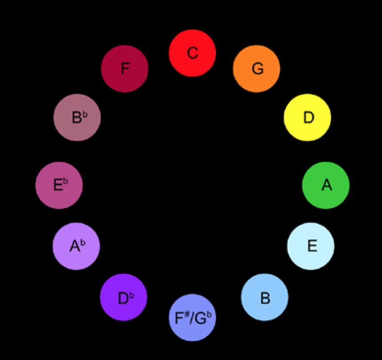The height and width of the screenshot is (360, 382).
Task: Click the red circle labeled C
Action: [192, 53]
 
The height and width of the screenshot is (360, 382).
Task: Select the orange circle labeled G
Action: [256, 69]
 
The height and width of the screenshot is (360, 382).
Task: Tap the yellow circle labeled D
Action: [307, 117]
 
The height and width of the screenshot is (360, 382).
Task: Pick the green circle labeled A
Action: [326, 185]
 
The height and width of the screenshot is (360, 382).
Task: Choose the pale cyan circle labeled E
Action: [310, 246]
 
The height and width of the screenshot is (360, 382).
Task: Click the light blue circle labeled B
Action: [264, 297]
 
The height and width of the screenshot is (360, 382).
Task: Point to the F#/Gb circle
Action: [192, 318]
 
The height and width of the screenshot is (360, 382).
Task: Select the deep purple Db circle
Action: [123, 297]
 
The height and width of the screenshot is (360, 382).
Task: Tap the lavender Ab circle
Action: [76, 246]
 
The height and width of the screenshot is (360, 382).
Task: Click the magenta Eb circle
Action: [59, 185]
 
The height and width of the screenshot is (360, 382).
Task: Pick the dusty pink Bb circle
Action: [77, 117]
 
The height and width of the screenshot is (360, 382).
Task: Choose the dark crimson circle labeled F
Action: [124, 69]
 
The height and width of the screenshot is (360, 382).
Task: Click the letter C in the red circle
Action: [192, 53]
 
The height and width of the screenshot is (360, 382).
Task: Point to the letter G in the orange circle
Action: [258, 69]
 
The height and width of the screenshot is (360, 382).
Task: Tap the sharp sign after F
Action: [187, 314]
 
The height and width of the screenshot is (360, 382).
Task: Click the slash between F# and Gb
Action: [192, 318]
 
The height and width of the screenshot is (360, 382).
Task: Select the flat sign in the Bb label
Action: [85, 115]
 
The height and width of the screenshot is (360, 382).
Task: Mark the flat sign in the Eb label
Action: [66, 181]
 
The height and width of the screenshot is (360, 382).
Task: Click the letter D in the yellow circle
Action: [309, 118]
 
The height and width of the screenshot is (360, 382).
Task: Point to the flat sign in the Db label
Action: [131, 294]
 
